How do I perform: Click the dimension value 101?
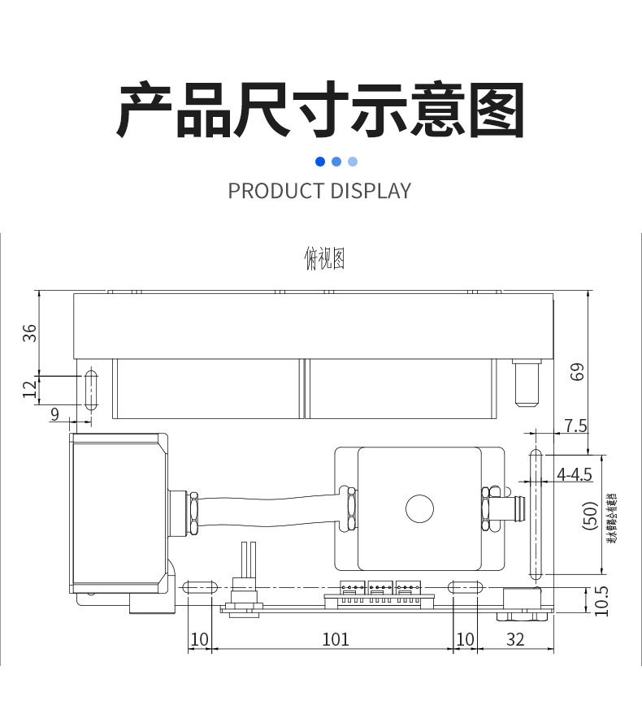[336, 639]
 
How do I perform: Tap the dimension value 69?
[577, 371]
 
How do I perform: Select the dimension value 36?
[30, 332]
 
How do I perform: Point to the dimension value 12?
[30, 390]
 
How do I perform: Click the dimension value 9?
[54, 414]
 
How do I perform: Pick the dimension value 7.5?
[575, 426]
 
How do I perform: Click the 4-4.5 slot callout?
[574, 474]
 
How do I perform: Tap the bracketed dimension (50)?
[591, 517]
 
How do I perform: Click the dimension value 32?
[515, 639]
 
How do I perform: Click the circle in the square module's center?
[420, 509]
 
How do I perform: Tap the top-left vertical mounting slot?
[90, 391]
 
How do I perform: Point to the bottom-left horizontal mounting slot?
[199, 586]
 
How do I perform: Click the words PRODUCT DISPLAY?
[319, 191]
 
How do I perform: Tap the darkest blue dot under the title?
[320, 162]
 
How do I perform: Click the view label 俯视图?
[324, 259]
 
